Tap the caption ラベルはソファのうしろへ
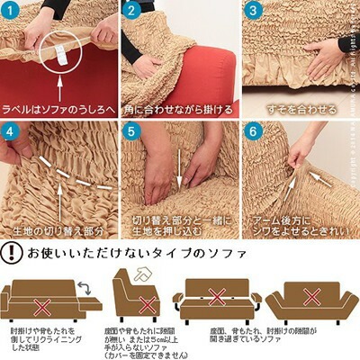[58, 109]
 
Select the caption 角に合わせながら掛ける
[180, 109]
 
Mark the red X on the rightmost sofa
[311, 296]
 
